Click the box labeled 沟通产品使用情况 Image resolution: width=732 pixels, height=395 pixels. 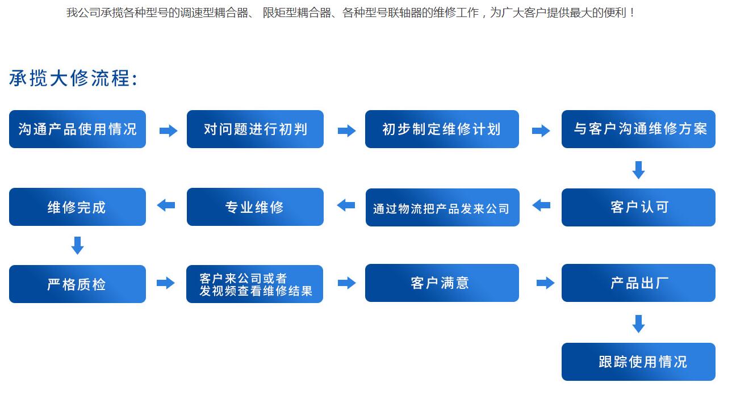[x=77, y=129]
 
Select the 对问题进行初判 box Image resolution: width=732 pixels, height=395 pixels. [x=255, y=129]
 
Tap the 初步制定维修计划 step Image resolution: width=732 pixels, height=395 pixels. [x=442, y=129]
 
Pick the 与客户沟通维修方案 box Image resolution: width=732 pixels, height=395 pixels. [x=638, y=129]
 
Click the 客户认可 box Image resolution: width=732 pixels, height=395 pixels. [x=638, y=207]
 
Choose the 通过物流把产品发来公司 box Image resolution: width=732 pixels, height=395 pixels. [x=442, y=207]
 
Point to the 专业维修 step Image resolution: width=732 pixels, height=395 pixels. [x=255, y=207]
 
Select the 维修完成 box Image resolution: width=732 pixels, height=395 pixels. [x=77, y=207]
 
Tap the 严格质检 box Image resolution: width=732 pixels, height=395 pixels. [x=77, y=284]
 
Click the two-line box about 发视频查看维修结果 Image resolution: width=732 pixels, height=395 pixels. [x=254, y=284]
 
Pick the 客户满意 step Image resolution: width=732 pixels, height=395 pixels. [x=442, y=283]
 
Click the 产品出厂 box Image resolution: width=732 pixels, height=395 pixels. [x=638, y=283]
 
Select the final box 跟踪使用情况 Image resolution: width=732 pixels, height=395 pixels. [x=638, y=362]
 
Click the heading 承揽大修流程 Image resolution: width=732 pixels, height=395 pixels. [x=73, y=78]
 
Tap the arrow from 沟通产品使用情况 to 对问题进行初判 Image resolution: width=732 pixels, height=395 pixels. [x=168, y=131]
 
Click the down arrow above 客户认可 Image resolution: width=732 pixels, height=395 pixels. [x=638, y=170]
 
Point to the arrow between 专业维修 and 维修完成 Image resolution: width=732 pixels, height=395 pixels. [x=166, y=205]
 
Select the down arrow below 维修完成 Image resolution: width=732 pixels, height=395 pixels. [x=77, y=245]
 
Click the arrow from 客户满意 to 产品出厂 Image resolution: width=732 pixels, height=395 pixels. [x=545, y=283]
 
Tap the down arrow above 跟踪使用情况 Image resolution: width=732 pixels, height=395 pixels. [x=638, y=324]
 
